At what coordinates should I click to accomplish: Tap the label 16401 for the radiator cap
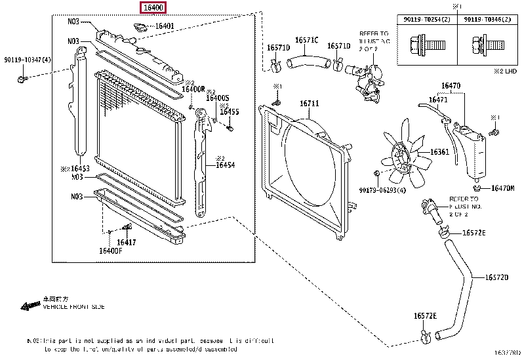coord(164,27)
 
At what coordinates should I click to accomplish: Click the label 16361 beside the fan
coord(439,152)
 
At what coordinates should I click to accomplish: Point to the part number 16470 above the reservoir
coord(451,85)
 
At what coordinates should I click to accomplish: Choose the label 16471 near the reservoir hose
coord(438,100)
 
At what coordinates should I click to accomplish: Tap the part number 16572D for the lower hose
coord(497,277)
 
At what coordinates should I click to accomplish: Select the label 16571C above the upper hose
coord(306,40)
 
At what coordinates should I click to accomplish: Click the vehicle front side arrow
coord(30,306)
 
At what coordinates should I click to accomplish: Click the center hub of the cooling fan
coord(401,158)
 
